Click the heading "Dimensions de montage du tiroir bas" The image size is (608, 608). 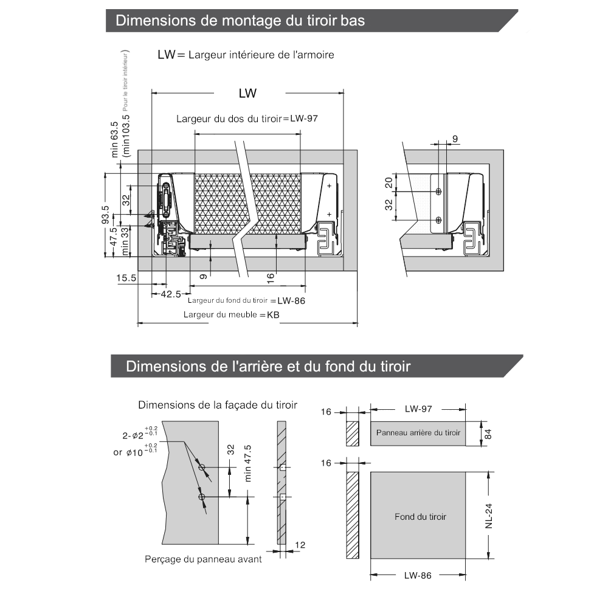click(240, 21)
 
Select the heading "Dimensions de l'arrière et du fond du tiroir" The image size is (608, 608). click(268, 367)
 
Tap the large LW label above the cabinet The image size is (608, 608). click(247, 93)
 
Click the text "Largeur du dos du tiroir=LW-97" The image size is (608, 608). click(247, 119)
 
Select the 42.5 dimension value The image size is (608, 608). click(170, 294)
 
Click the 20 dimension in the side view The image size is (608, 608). click(389, 183)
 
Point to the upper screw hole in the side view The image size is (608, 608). click(439, 192)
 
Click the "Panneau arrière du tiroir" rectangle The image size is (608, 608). click(418, 433)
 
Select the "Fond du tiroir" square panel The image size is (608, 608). click(420, 516)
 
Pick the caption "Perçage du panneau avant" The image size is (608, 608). click(203, 559)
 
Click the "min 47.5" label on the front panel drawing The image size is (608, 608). click(248, 463)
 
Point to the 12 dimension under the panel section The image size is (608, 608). click(300, 545)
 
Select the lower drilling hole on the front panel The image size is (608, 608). click(202, 497)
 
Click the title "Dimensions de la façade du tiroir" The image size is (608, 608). click(218, 405)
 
